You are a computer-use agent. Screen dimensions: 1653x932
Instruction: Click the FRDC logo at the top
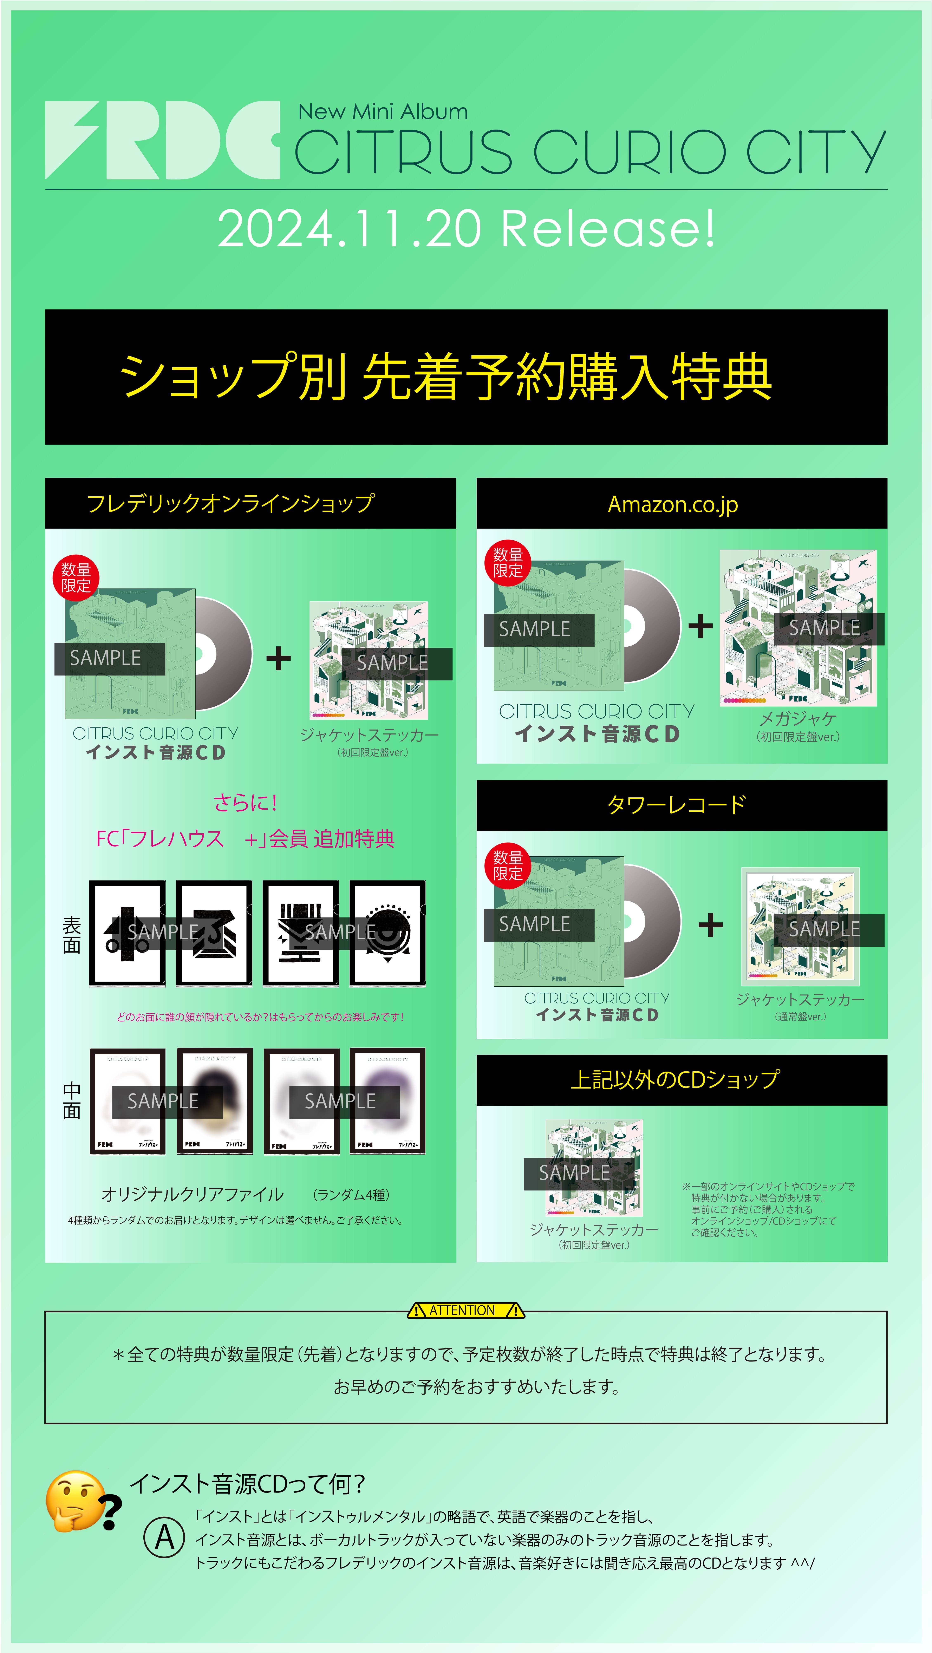click(162, 140)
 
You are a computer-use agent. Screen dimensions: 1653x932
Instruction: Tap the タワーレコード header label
click(676, 805)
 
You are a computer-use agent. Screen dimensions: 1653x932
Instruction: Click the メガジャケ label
click(798, 719)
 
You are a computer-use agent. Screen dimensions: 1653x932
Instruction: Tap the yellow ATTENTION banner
click(466, 1310)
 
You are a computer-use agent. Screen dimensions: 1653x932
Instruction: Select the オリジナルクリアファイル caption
click(192, 1194)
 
